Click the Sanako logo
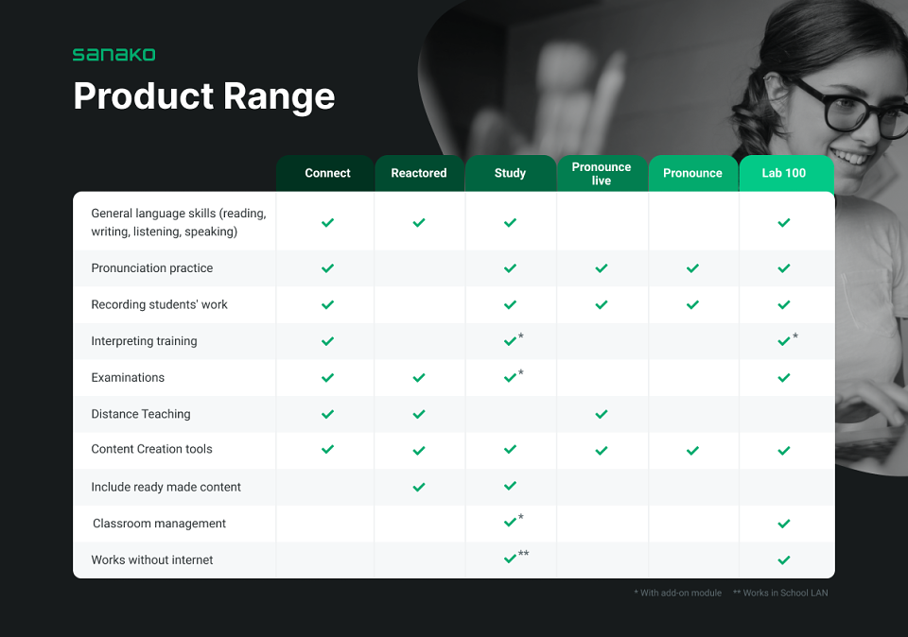click(114, 55)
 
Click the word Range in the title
click(278, 97)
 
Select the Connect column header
click(327, 173)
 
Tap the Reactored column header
click(419, 173)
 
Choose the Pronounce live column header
click(602, 174)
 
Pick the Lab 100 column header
click(783, 173)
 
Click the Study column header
click(510, 173)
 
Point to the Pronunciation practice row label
click(151, 267)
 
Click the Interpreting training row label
click(144, 341)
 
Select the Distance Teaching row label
click(141, 414)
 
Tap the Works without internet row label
click(151, 560)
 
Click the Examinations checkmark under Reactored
click(419, 378)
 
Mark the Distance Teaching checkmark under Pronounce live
click(602, 414)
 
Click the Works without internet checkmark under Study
click(510, 559)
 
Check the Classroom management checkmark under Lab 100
click(784, 524)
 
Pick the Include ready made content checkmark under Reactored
click(419, 487)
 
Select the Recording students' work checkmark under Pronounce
click(692, 305)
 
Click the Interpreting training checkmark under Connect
click(328, 341)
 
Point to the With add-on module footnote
click(677, 593)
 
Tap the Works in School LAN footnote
click(780, 593)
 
